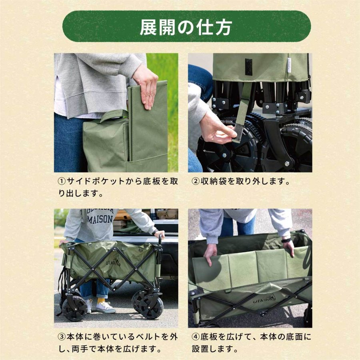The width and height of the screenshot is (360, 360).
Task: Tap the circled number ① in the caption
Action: click(62, 181)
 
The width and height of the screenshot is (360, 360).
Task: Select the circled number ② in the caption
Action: click(196, 181)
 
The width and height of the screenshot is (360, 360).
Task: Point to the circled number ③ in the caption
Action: click(62, 337)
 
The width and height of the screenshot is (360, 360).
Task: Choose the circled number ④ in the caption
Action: click(196, 337)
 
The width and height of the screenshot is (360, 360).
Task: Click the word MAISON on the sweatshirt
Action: click(100, 219)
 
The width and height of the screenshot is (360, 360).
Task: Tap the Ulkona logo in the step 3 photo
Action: click(114, 261)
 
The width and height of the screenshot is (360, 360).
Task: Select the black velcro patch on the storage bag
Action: click(248, 67)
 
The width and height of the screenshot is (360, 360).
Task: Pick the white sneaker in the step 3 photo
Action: click(106, 308)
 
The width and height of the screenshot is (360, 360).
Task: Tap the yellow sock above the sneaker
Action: click(101, 300)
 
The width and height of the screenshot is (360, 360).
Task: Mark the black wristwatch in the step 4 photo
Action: click(286, 240)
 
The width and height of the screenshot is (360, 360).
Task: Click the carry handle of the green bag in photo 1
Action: click(114, 116)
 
